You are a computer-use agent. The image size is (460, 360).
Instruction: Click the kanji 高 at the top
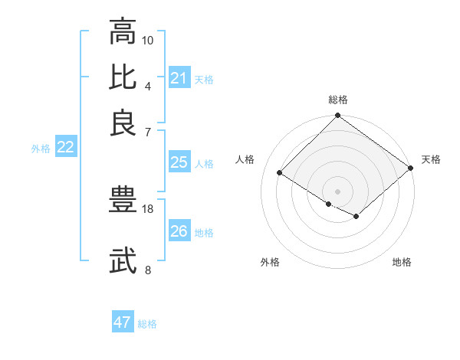click(x=123, y=32)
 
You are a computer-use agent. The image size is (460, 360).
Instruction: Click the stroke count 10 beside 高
click(x=148, y=40)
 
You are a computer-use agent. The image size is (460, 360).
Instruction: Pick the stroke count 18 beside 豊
click(x=148, y=209)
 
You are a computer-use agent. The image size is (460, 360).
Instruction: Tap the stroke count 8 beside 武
click(x=148, y=270)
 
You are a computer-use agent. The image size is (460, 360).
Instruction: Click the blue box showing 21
click(x=179, y=78)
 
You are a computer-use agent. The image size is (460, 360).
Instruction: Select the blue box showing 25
click(x=179, y=162)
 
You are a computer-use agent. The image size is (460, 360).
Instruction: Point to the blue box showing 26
click(x=179, y=231)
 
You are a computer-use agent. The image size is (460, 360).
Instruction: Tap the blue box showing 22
click(x=65, y=148)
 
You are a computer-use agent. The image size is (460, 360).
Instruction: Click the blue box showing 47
click(x=123, y=322)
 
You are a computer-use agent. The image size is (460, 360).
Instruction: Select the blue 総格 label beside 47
click(x=147, y=324)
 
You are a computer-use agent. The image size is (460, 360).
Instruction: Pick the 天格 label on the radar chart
click(x=431, y=159)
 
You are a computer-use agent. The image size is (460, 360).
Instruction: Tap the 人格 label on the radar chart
click(x=245, y=159)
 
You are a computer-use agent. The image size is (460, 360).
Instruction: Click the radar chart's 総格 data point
click(x=337, y=116)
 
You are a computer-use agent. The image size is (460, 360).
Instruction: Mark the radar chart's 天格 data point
click(x=412, y=169)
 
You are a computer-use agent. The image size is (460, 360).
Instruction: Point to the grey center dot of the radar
click(x=337, y=191)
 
